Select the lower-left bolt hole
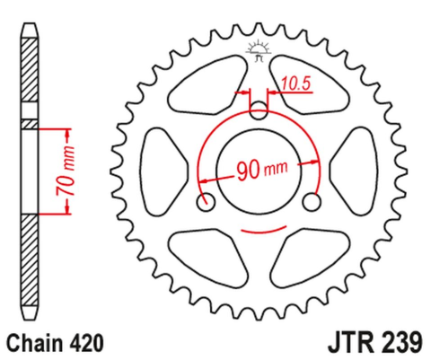pyautogui.click(x=209, y=200)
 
